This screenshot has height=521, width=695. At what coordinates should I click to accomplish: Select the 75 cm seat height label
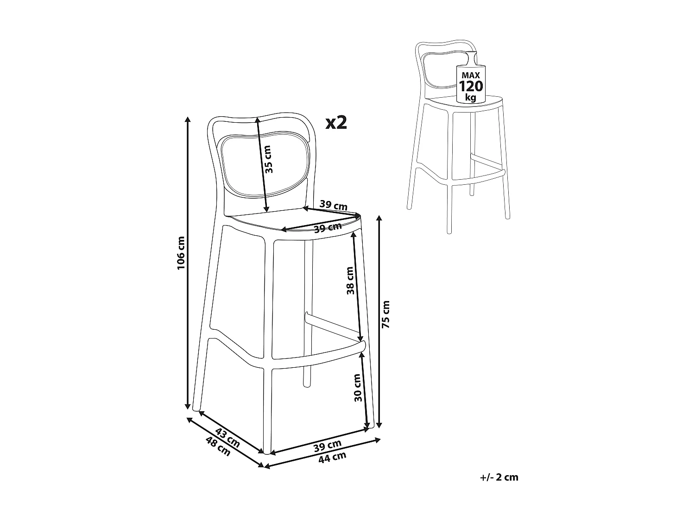click(x=386, y=314)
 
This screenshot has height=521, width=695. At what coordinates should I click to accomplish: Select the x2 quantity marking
click(x=336, y=122)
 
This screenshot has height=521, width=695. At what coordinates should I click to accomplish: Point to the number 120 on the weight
click(x=470, y=86)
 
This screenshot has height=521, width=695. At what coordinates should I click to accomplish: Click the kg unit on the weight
click(x=470, y=98)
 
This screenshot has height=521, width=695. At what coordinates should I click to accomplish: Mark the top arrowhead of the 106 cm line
click(x=188, y=119)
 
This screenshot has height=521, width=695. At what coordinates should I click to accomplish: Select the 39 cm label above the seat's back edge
click(x=333, y=206)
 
